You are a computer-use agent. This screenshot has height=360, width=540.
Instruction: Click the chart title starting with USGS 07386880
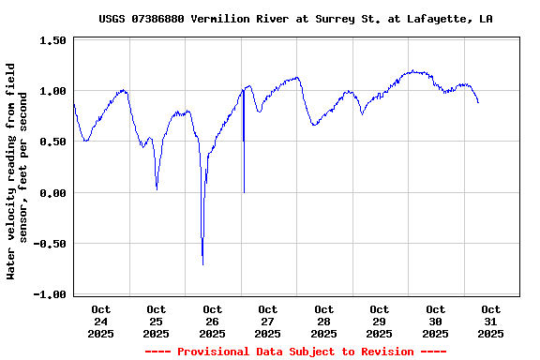coord(296,19)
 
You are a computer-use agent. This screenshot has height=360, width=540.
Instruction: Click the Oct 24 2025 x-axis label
coord(100,321)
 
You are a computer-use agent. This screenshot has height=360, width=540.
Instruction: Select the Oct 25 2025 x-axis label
coord(157,321)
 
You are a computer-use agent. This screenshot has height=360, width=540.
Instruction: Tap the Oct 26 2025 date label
coord(212,321)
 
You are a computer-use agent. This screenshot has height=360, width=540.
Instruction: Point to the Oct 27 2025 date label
coord(268,321)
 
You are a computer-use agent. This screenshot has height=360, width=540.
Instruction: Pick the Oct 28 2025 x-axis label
coord(323,321)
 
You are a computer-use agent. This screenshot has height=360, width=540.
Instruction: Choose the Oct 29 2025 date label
coord(380,321)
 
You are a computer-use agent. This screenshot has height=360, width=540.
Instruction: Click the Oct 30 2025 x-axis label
coord(435,321)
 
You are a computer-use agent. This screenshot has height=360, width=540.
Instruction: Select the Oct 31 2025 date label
coord(490,321)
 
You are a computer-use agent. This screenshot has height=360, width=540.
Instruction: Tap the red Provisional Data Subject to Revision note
coord(296,352)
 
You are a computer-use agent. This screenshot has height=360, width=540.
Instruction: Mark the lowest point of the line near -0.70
coord(202,264)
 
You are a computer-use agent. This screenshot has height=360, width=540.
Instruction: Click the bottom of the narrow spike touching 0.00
coord(244,192)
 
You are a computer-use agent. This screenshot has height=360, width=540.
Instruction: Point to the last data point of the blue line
coord(478,102)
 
